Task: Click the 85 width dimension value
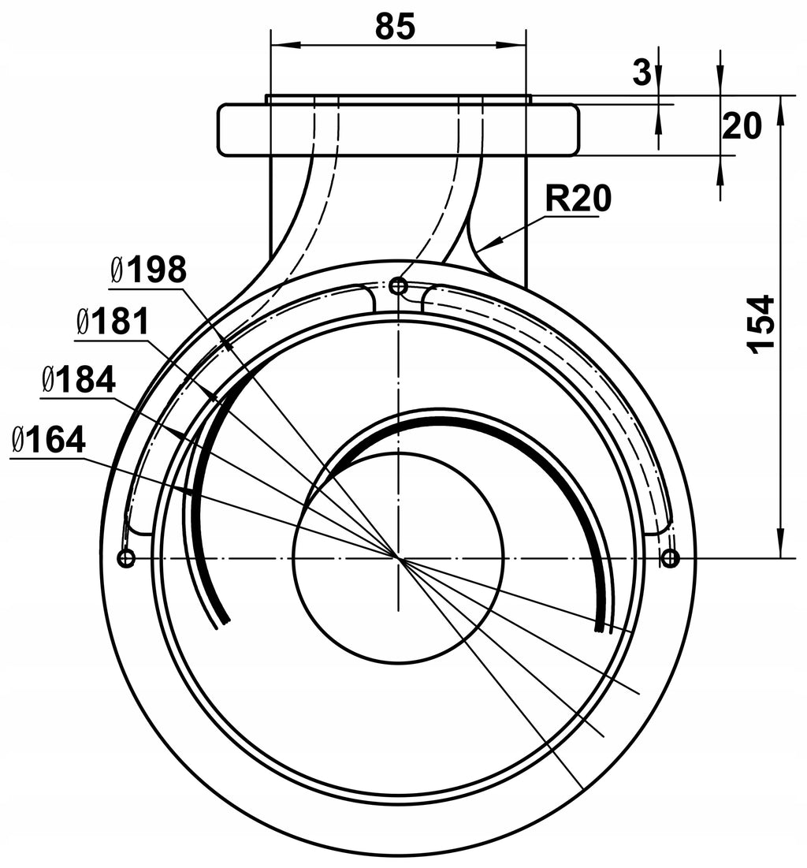pos(395,26)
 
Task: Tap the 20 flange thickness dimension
pos(742,125)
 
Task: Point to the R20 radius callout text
pos(578,199)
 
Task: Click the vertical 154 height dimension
pos(761,324)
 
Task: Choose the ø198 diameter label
pos(148,270)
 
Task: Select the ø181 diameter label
pos(113,322)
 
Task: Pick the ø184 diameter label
pos(78,380)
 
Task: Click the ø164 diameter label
pos(48,440)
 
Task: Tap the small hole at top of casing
pos(399,286)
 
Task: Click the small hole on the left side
pos(127,558)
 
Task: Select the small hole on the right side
pos(671,558)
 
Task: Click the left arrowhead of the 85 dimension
pos(281,44)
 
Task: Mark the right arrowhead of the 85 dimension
pos(511,44)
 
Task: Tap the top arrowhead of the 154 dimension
pos(780,110)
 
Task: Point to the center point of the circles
pos(398,558)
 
